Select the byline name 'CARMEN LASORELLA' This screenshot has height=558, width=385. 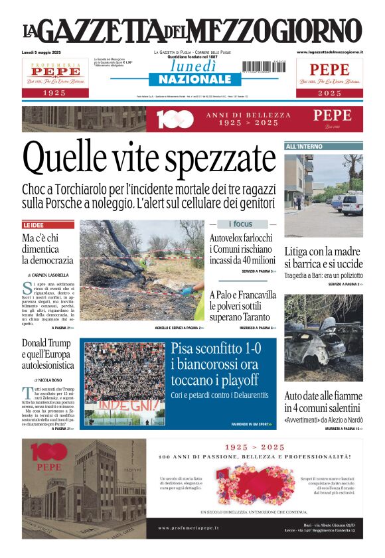pos(50,275)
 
